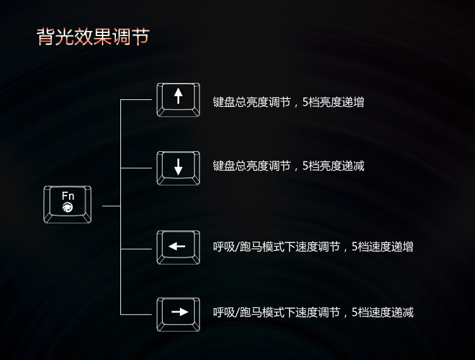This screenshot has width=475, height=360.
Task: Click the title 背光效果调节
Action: (x=93, y=37)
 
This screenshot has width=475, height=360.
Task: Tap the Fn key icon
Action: (x=68, y=204)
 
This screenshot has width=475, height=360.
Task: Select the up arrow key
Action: (x=179, y=99)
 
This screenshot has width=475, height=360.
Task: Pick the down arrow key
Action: (x=179, y=168)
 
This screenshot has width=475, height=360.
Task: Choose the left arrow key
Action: (x=179, y=247)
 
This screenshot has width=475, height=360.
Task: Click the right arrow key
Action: (x=179, y=314)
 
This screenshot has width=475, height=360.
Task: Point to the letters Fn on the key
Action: (x=68, y=196)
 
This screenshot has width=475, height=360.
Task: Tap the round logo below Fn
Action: (x=68, y=208)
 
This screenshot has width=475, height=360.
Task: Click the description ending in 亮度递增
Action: (x=288, y=102)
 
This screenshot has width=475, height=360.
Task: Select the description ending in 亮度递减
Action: (x=288, y=166)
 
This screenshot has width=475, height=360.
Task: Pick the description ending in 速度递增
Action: (x=313, y=247)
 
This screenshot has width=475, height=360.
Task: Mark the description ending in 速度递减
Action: (x=313, y=313)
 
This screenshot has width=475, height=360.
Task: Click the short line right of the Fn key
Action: (x=111, y=206)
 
